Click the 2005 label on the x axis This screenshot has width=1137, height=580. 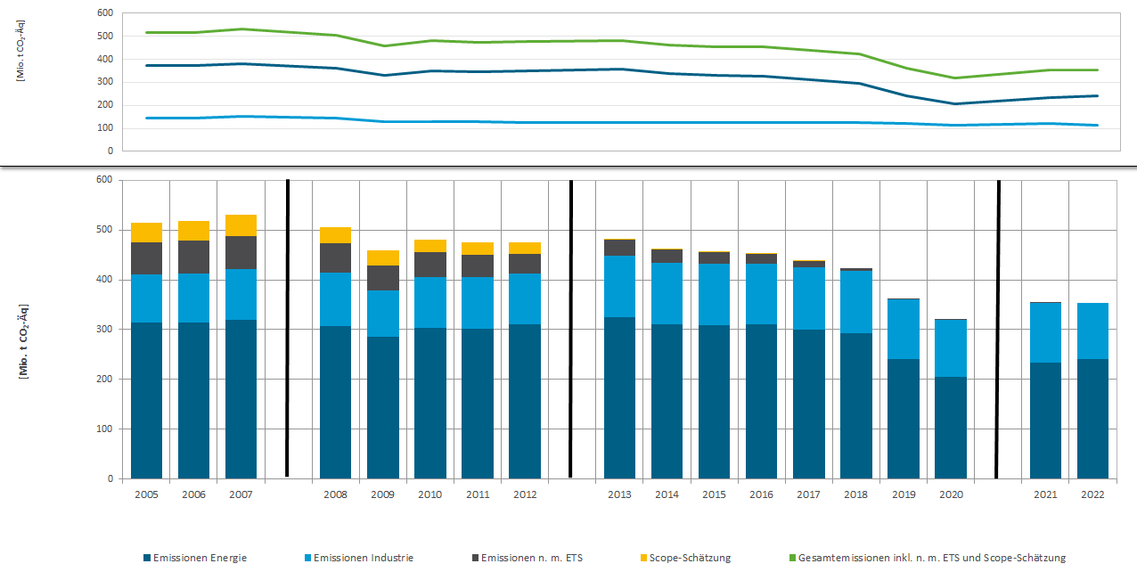tap(146, 494)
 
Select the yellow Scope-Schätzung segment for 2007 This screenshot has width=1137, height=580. tap(241, 225)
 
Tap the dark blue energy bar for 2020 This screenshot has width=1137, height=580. tap(950, 428)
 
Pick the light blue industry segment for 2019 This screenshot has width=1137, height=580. tap(903, 329)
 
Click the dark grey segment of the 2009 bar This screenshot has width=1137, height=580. tap(382, 278)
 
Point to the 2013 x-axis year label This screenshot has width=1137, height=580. tap(618, 494)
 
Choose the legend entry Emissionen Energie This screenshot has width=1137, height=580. tap(194, 558)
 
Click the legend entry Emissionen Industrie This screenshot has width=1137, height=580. tap(358, 558)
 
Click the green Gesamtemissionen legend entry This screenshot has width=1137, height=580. tap(927, 558)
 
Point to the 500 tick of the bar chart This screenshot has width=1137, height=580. tap(104, 230)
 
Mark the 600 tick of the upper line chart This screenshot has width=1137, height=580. tap(104, 13)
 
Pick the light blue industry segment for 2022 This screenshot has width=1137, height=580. tap(1092, 331)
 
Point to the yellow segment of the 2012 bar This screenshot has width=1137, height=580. tap(524, 248)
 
